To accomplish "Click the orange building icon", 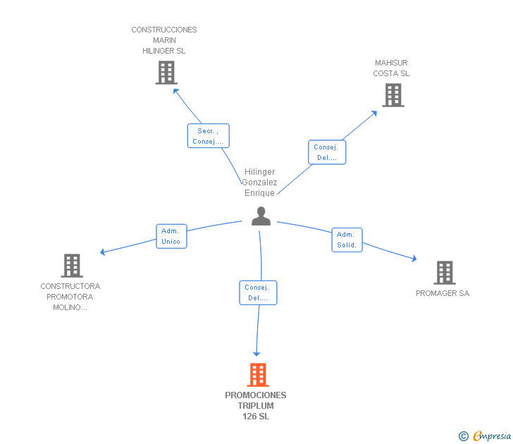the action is [x=258, y=375].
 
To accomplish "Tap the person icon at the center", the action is [x=261, y=216].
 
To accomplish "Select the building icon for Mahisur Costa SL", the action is [x=393, y=95].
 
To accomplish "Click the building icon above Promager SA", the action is [x=445, y=273].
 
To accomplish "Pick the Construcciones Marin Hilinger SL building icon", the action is [x=166, y=73].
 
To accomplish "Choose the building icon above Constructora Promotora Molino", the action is [x=72, y=266].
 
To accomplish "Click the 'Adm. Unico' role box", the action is [x=171, y=236].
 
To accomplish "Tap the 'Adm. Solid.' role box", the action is [x=347, y=240].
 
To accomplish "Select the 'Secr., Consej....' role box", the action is [x=209, y=136].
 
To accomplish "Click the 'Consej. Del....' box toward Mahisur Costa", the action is [x=327, y=152].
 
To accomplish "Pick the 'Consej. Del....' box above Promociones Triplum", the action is [x=258, y=293].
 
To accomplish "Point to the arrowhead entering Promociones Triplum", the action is [x=256, y=354].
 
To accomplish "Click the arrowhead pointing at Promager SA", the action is [x=414, y=259].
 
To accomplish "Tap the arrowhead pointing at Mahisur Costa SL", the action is [x=374, y=113].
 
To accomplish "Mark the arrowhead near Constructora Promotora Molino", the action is [x=102, y=252].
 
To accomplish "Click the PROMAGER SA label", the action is [x=443, y=293].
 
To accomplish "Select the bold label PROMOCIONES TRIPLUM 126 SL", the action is [x=256, y=406].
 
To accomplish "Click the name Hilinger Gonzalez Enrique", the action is [x=259, y=183].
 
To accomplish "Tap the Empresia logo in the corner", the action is [x=485, y=436].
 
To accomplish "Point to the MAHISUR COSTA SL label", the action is [x=391, y=68].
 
